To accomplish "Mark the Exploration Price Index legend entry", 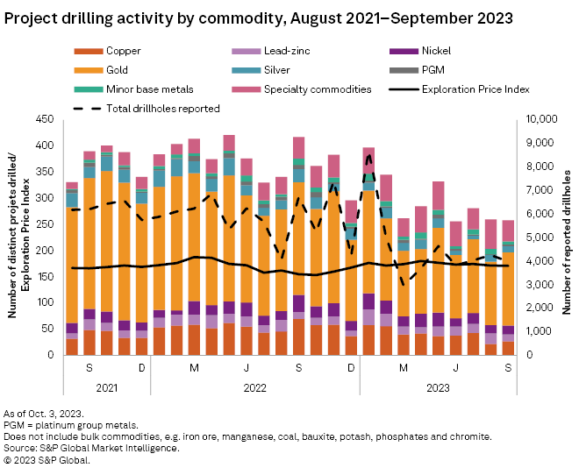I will point(475,89).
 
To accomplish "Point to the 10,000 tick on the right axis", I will point(537,119).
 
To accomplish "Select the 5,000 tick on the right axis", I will point(534,237).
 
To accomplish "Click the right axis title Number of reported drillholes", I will point(566,237).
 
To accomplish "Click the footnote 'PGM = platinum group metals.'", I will point(71,424).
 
